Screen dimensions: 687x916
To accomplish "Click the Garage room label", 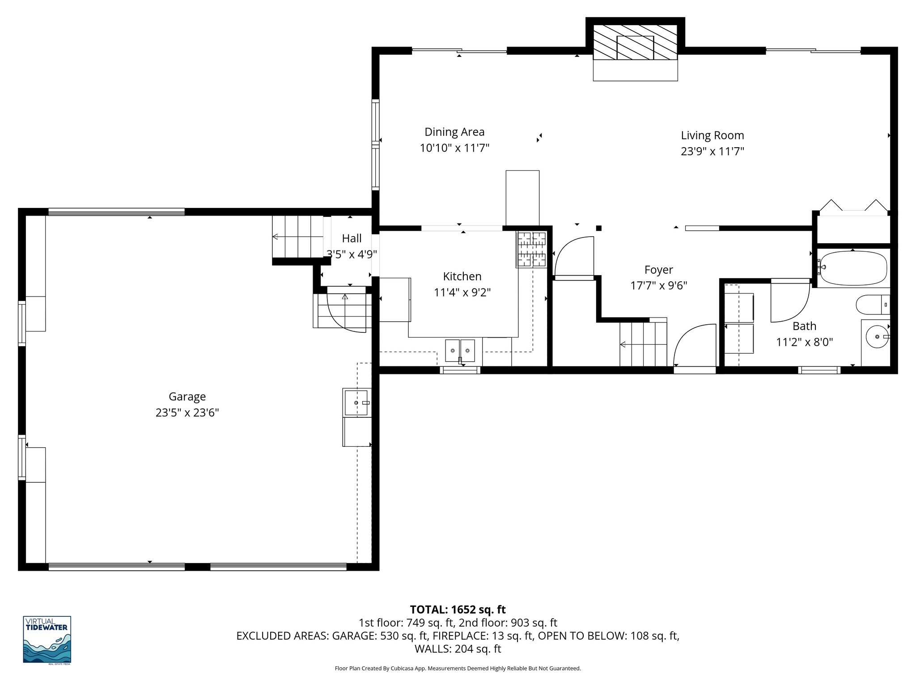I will tap(187, 396).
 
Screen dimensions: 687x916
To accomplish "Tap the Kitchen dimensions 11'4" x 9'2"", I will tap(462, 293).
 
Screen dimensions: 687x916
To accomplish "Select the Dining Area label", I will tap(454, 132).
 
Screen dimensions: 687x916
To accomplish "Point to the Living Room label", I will tap(712, 135).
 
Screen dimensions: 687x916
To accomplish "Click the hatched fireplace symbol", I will tap(635, 42).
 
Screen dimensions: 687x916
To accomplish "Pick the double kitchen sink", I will tap(460, 350).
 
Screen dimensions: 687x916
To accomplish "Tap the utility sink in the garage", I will tap(356, 403).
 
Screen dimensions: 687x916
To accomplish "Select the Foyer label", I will tap(658, 270).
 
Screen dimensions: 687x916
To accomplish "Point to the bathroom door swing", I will tap(789, 301).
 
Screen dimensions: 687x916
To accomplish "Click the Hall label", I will tap(352, 238).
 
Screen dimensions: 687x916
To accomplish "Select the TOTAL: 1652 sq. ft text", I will tap(458, 610).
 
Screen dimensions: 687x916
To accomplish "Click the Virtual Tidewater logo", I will tap(47, 640).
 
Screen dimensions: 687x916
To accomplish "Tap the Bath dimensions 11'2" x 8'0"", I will tap(804, 342).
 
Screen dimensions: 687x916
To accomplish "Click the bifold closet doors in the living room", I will tap(853, 207).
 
